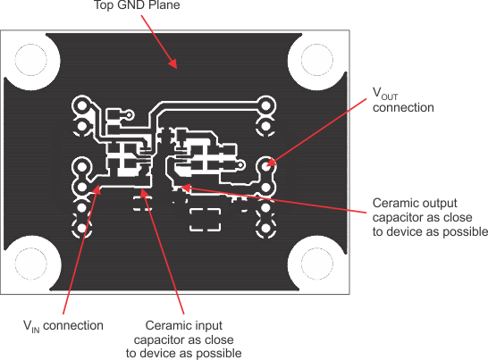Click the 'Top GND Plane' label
(137, 5)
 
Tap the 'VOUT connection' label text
(403, 100)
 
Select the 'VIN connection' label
(63, 326)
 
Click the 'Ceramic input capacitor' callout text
(183, 339)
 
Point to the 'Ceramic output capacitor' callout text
(430, 217)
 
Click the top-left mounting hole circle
(30, 60)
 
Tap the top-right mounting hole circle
(317, 60)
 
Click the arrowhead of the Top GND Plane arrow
(173, 63)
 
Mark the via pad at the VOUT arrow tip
(265, 166)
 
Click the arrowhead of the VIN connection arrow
(97, 189)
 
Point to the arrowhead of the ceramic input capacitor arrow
(144, 193)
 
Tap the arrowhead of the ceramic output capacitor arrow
(186, 188)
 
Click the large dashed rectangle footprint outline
(206, 220)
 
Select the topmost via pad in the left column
(82, 106)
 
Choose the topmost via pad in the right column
(265, 106)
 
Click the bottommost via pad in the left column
(82, 228)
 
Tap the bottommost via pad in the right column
(265, 228)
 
